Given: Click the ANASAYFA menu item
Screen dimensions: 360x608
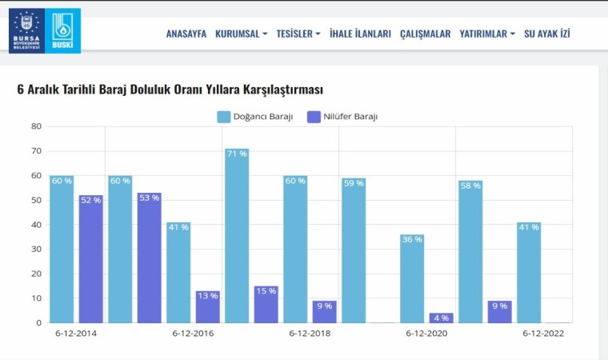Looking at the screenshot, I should [x=186, y=34].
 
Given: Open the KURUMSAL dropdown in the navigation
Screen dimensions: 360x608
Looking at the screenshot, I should [x=241, y=34].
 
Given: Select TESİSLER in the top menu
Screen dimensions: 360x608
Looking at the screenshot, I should [x=298, y=34].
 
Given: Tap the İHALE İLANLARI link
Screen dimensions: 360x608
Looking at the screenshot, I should [x=360, y=34].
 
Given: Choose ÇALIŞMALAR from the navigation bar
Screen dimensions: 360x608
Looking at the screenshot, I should [x=425, y=34].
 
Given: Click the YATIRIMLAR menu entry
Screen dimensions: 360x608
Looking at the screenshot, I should [x=487, y=34].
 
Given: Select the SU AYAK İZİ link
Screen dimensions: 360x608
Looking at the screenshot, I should [x=547, y=34].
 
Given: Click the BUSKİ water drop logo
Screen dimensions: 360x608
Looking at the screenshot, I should [x=62, y=31].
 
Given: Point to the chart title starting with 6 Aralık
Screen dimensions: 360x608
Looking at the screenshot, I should [x=170, y=89].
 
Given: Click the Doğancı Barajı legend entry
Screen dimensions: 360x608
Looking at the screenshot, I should [x=255, y=117].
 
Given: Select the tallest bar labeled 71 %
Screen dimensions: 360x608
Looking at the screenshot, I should [x=237, y=236].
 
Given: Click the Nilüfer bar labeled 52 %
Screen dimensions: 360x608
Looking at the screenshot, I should [x=90, y=258].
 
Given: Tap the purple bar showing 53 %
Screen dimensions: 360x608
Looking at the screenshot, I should [x=149, y=258].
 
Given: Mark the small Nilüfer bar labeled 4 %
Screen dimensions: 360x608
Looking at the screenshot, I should [x=442, y=318].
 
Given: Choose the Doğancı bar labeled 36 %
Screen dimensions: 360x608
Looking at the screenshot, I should [x=412, y=278].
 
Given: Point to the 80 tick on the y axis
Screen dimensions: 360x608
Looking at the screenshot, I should [x=36, y=126].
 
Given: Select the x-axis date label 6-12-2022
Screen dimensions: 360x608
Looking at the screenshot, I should [x=543, y=333].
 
